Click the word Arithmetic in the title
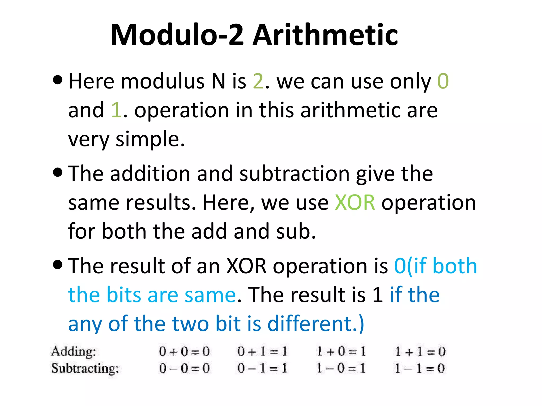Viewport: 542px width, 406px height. click(x=325, y=35)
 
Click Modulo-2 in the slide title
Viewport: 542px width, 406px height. click(x=177, y=35)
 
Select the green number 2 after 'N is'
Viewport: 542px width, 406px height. click(x=258, y=81)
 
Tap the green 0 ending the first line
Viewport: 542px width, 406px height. click(x=443, y=81)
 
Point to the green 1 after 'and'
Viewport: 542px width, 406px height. click(x=116, y=110)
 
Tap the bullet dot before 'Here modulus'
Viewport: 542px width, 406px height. click(x=58, y=80)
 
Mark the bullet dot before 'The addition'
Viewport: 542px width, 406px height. click(x=58, y=172)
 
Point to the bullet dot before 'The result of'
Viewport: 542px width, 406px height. click(x=58, y=265)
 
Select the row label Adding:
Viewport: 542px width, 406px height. click(x=74, y=352)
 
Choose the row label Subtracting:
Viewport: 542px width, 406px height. click(x=85, y=368)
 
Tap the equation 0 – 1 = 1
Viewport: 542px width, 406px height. click(x=262, y=368)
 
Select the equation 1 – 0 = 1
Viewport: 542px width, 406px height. click(x=341, y=368)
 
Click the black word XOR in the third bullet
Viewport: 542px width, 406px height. click(x=246, y=266)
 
